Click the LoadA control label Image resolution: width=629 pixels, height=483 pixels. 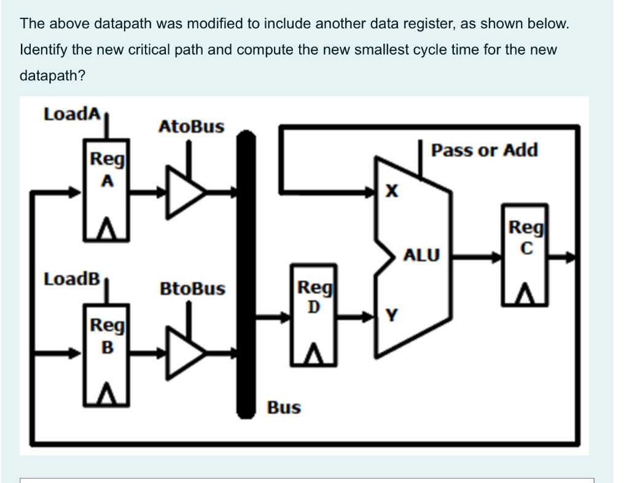[71, 114]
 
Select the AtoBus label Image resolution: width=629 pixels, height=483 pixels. [191, 127]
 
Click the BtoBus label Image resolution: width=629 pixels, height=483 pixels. [192, 288]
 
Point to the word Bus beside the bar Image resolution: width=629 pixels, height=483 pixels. [284, 408]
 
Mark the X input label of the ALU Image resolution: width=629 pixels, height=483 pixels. [389, 192]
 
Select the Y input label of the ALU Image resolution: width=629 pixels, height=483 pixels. [389, 316]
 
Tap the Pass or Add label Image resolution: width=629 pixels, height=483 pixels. [484, 150]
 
